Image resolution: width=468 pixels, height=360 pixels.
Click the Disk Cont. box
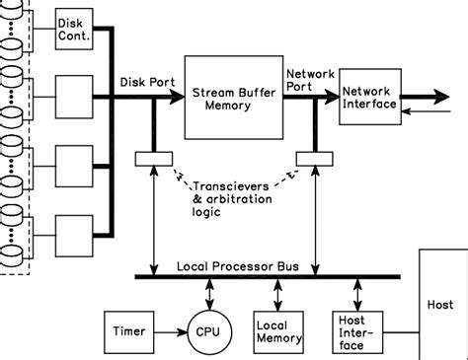[73, 29]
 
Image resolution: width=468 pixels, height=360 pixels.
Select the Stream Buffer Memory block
[232, 98]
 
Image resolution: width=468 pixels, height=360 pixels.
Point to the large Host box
[442, 306]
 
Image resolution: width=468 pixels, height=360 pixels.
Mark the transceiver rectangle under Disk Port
[154, 157]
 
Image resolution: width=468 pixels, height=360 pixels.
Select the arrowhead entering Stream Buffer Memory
[178, 97]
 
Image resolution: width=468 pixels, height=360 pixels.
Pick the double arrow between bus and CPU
[209, 292]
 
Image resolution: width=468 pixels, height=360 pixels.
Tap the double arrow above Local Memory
[277, 294]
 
